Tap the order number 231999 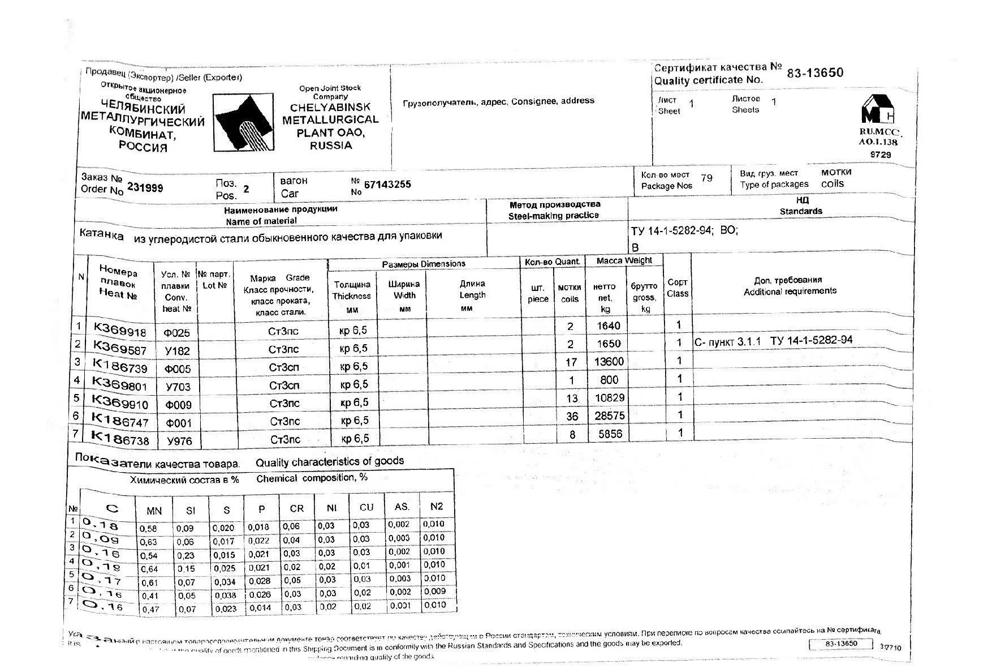[145, 187]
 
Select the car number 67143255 [387, 185]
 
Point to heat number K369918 [119, 330]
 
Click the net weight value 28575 [609, 416]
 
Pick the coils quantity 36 [572, 417]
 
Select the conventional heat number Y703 [178, 387]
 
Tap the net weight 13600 [609, 362]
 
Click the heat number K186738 [120, 439]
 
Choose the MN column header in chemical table [154, 511]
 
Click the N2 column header [436, 507]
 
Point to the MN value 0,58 [148, 529]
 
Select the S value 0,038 [225, 596]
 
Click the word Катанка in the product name [101, 235]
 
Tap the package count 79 [706, 178]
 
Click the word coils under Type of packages [833, 184]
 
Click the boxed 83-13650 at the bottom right [842, 644]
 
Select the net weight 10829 [609, 398]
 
